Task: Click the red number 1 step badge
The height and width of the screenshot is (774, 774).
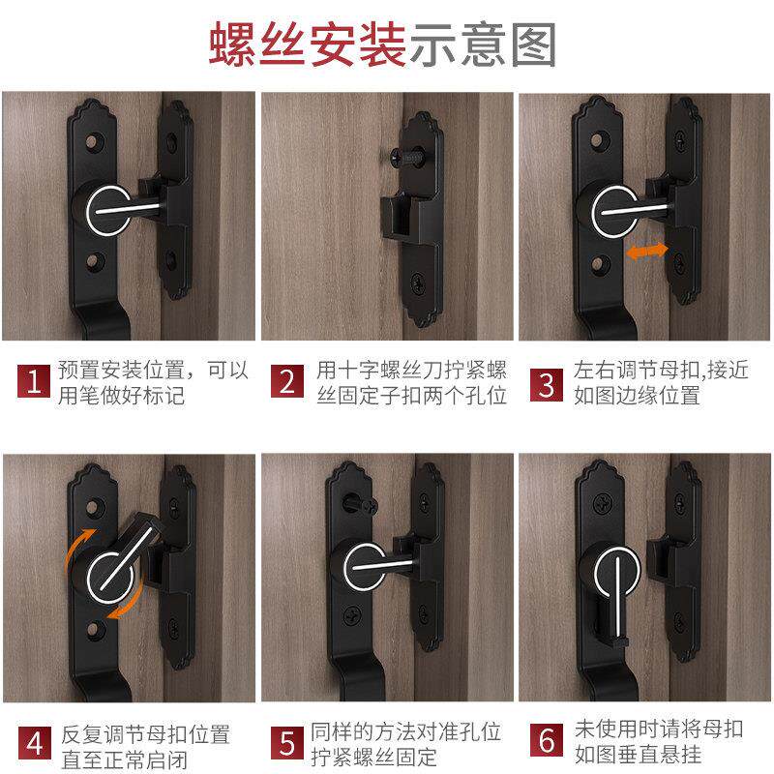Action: pos(34,381)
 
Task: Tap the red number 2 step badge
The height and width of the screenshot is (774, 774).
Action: pos(286,381)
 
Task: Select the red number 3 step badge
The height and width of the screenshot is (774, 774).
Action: pos(547,384)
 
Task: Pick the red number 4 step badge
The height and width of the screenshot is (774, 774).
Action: pos(35,743)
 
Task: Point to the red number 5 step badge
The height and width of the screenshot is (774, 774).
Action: pos(287,743)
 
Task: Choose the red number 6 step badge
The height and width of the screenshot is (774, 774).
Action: pos(547,740)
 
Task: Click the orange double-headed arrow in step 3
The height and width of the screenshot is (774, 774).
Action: pos(646,252)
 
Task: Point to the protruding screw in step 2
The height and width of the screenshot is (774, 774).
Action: pos(405,157)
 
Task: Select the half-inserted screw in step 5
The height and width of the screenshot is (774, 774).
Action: pos(361,505)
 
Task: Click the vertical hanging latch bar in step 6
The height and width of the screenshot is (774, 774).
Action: pos(617,598)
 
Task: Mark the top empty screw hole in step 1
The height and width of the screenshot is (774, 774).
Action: pos(93,142)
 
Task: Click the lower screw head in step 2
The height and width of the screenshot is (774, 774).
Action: pos(419,283)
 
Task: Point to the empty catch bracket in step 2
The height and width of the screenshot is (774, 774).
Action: pos(399,217)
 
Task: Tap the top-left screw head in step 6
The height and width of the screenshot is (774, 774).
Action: pos(603,503)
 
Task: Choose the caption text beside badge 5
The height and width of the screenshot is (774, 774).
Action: pos(405,744)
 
